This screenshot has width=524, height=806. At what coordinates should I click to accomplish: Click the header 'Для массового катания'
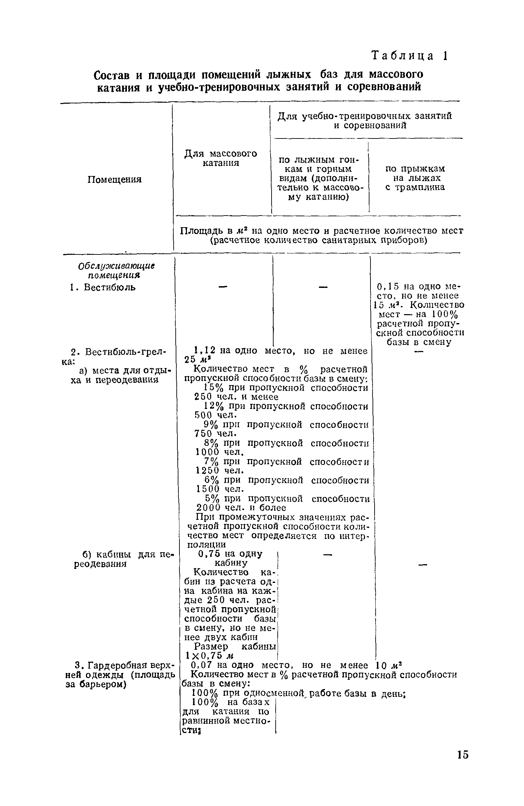point(221,158)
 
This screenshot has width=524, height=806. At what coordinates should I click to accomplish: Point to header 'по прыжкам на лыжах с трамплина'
point(415,178)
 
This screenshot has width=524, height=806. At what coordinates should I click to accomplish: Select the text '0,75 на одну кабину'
point(230,558)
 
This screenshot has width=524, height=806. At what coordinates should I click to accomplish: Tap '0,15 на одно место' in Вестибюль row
point(419,287)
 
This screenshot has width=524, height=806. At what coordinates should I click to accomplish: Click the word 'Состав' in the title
point(112,75)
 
